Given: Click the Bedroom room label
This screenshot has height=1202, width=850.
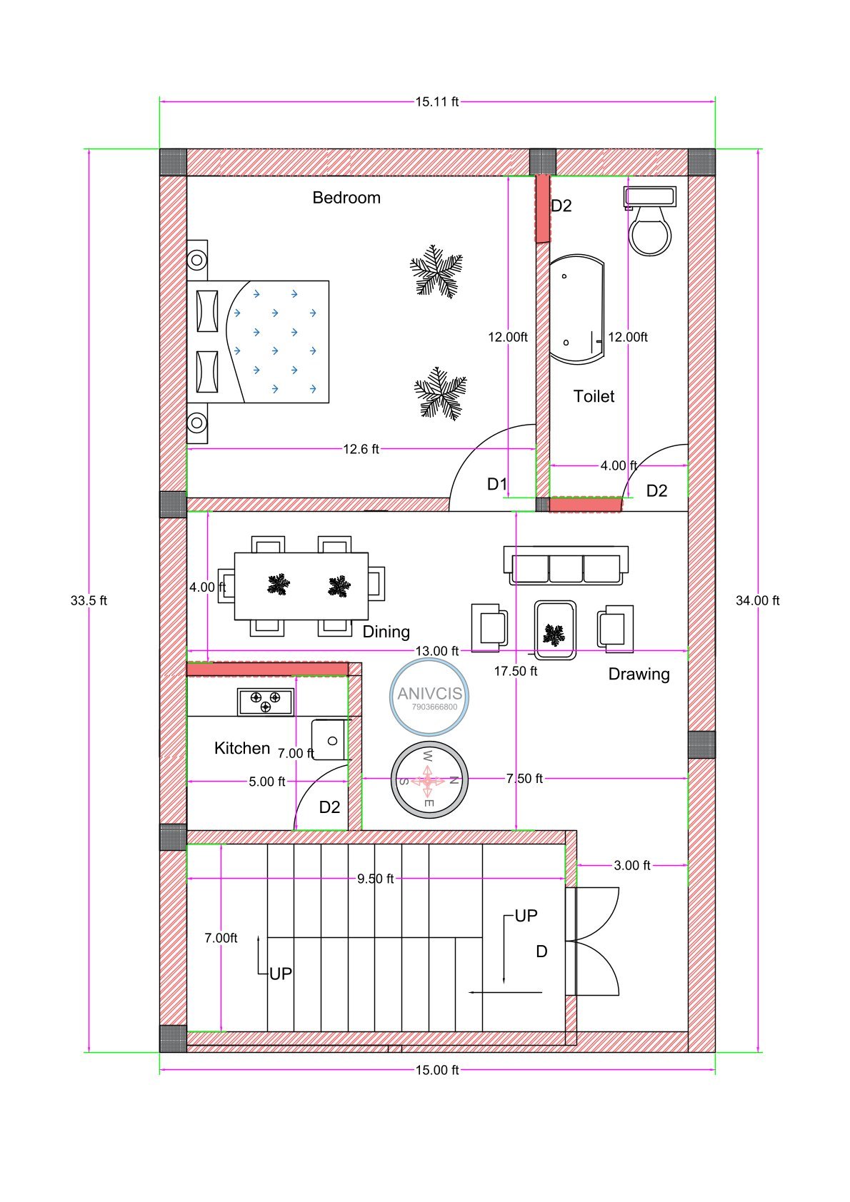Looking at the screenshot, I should (346, 198).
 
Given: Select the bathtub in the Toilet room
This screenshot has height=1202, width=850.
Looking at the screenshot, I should (576, 309).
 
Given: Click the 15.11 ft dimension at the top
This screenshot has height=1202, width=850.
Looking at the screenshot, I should (436, 102).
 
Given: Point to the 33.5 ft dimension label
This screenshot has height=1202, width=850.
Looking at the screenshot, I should (89, 601).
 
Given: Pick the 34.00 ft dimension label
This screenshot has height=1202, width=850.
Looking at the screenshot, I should (757, 601).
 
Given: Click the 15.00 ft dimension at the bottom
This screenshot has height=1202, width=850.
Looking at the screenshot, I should (436, 1070).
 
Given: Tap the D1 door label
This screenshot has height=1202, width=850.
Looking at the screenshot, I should (496, 485).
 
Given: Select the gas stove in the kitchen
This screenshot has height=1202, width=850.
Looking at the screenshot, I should (265, 702).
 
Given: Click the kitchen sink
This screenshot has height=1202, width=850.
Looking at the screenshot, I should (329, 740).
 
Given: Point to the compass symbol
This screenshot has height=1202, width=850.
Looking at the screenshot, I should (429, 780).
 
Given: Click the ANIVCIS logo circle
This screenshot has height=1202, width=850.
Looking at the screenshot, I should (429, 697).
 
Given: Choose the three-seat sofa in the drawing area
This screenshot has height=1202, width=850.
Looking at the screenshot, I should (566, 566).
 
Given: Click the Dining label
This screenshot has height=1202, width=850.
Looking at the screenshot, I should (386, 632).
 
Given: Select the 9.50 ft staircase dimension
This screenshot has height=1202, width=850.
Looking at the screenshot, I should (375, 879).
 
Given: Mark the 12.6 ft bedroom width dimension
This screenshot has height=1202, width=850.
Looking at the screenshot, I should (361, 449).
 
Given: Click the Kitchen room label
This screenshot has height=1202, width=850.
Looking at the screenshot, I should (242, 748).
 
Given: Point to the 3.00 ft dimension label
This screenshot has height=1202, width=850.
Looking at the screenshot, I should (631, 865).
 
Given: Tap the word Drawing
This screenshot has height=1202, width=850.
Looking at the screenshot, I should (639, 674).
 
